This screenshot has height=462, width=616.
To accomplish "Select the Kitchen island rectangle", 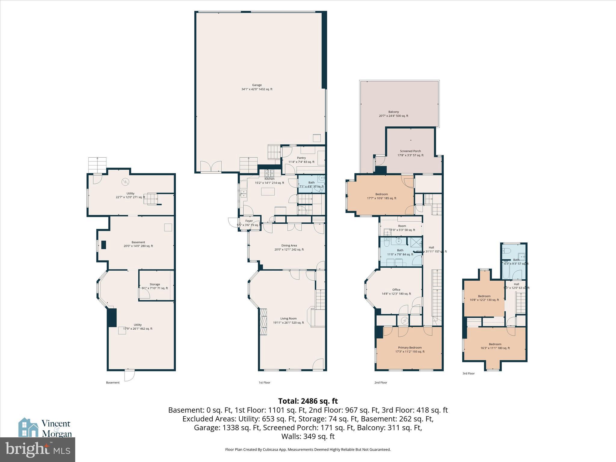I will click(268, 192).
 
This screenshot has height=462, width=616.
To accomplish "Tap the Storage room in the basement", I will click(155, 286).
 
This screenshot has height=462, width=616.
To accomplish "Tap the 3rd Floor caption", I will click(468, 374).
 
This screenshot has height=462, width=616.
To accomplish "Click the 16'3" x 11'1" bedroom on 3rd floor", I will click(495, 346).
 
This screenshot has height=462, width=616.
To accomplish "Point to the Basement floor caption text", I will click(112, 383).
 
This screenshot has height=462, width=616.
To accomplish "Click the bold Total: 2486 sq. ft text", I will click(308, 401).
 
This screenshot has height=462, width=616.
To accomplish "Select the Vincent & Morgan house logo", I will click(28, 427).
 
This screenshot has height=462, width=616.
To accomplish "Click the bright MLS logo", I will click(38, 450).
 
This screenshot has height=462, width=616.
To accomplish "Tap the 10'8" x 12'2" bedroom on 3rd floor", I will click(484, 298).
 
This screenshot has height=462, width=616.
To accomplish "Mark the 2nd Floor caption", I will click(380, 383).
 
